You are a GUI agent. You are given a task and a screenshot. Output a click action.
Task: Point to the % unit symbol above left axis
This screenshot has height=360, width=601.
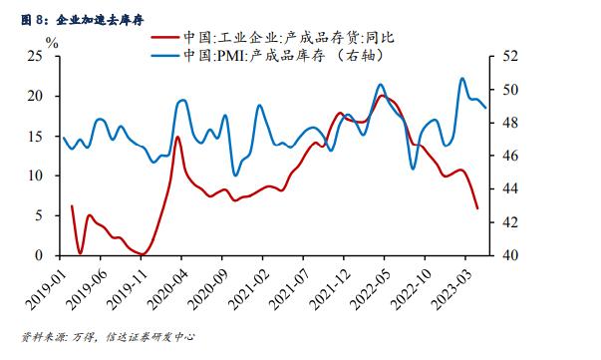click(52, 44)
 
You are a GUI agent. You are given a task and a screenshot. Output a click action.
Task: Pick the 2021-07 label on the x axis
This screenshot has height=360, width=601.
click(289, 284)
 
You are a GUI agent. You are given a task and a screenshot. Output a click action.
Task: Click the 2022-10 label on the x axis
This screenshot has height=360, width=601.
click(410, 284)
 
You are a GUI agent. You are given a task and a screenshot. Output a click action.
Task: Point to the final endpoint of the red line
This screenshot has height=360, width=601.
click(477, 207)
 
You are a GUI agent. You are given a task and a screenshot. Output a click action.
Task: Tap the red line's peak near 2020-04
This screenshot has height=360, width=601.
click(178, 137)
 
